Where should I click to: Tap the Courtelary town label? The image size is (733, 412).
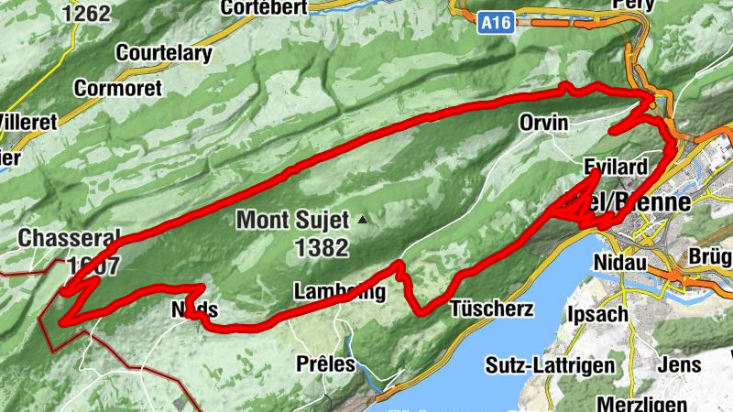pos(163,53)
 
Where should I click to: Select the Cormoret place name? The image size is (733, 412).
pos(117,89)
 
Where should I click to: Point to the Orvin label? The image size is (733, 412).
pos(543,123)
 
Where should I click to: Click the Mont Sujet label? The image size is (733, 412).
pos(292,220)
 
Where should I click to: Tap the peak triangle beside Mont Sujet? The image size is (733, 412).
pos(364,220)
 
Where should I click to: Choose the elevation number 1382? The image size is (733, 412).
pos(322,247)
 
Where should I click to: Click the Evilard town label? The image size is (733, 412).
pos(616,167)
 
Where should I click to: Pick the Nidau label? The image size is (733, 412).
pos(620,262)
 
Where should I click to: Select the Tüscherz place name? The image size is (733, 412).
pos(491,309)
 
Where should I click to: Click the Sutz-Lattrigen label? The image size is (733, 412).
pos(550,367)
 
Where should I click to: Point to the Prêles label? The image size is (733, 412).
pos(325,363)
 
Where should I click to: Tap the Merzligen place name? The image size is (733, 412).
pos(641,403)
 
